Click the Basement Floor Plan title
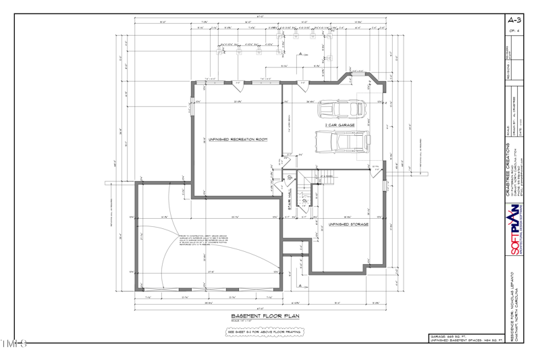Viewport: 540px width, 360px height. pyautogui.click(x=265, y=315)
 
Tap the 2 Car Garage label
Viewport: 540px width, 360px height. pyautogui.click(x=340, y=125)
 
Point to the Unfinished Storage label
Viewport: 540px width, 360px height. pyautogui.click(x=348, y=224)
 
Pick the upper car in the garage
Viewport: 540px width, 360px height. pyautogui.click(x=342, y=109)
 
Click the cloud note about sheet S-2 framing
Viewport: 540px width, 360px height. pyautogui.click(x=265, y=332)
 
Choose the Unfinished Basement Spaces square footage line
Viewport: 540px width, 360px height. pyautogui.click(x=466, y=340)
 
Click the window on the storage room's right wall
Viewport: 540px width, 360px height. pyautogui.click(x=383, y=183)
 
